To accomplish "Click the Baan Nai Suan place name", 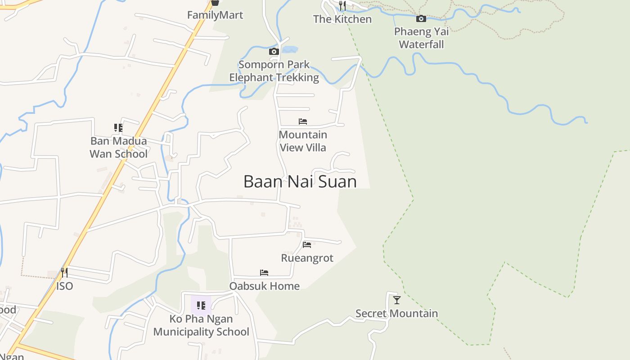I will [x=300, y=181].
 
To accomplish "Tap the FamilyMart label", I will [x=215, y=15].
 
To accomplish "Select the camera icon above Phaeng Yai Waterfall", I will [x=421, y=18].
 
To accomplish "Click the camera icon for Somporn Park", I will [x=274, y=51].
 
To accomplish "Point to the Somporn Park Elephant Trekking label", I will [x=274, y=71].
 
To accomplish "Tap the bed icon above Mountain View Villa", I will [x=303, y=121].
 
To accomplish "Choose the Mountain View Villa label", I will [x=303, y=141].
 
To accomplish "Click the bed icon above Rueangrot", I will [x=307, y=245].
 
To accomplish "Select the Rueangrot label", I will [x=307, y=258].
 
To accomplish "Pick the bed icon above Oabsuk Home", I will [x=264, y=273].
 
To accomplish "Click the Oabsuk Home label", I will [x=264, y=286].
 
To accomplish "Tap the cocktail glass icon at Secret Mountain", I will [x=396, y=300].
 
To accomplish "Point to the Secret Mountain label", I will [x=396, y=314].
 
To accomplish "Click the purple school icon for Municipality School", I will [x=201, y=306].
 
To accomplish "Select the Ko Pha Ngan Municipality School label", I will [x=201, y=325].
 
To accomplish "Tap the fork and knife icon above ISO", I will [x=64, y=273].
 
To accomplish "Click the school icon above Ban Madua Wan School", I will [x=118, y=128].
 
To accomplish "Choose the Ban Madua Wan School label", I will [x=118, y=148].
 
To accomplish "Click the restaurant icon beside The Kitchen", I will [x=342, y=6].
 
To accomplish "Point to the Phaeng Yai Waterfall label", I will [x=421, y=38].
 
